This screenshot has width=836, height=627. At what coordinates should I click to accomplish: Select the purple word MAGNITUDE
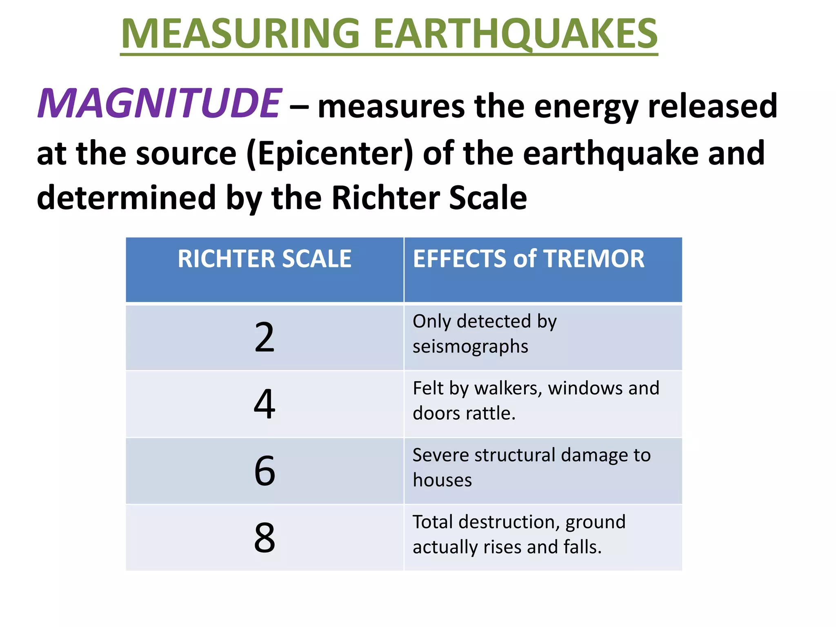[x=159, y=104]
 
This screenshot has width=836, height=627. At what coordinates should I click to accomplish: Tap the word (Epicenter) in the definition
[x=330, y=153]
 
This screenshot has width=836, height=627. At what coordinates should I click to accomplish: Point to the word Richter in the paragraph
[x=385, y=198]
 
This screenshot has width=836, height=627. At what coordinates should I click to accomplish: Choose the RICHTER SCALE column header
[x=265, y=259]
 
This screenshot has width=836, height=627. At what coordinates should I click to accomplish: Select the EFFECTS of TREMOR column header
[x=528, y=259]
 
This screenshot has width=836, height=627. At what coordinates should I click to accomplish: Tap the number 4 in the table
[x=265, y=404]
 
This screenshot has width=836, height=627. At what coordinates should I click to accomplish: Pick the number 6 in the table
[x=265, y=471]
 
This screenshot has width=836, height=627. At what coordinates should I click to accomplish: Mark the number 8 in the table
[x=265, y=538]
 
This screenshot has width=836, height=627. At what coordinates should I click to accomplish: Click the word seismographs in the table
[x=470, y=347]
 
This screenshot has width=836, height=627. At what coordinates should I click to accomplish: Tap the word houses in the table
[x=442, y=480]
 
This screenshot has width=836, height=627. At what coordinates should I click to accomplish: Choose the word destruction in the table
[x=507, y=522]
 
